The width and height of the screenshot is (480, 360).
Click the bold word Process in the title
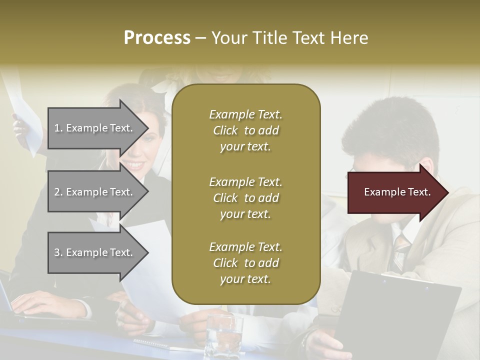point(157,38)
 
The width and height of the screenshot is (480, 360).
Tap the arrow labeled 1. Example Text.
point(95,128)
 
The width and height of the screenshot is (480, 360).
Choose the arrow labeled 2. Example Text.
point(95,192)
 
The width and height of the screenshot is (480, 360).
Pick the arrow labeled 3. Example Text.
point(95,252)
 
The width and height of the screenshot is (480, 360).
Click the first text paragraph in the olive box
point(245,130)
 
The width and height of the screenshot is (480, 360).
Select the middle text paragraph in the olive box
point(245,198)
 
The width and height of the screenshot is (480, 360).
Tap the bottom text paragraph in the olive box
point(245,263)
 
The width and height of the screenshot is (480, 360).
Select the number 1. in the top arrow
point(58,128)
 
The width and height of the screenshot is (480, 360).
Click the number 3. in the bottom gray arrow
point(58,252)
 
